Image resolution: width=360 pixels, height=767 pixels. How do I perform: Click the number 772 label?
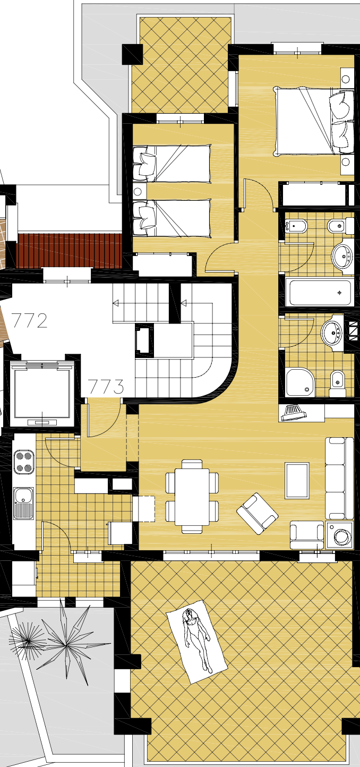coord(29,321)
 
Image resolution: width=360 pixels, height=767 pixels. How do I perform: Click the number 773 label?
coord(106,387)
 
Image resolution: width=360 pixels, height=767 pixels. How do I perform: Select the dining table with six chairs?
coord(192,496)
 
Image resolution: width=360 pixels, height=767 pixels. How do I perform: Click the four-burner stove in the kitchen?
coord(23,462)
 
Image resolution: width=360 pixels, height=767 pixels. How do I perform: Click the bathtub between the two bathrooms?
coord(320,292)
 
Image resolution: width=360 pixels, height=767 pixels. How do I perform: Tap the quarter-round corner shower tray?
coord(300,382)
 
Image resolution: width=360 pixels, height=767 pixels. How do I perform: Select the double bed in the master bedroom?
coord(313,121)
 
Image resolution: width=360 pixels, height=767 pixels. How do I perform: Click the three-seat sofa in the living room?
coord(339,478)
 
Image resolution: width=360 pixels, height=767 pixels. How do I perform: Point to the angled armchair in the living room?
coord(258,513)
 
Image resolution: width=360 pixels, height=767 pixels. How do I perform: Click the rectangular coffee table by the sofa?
coord(297,480)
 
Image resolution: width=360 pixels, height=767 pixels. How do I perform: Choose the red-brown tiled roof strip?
coord(69,251)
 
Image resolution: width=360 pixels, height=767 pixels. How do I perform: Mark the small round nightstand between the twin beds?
coord(138,191)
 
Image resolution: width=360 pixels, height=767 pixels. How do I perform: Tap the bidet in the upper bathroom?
coord(296,226)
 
